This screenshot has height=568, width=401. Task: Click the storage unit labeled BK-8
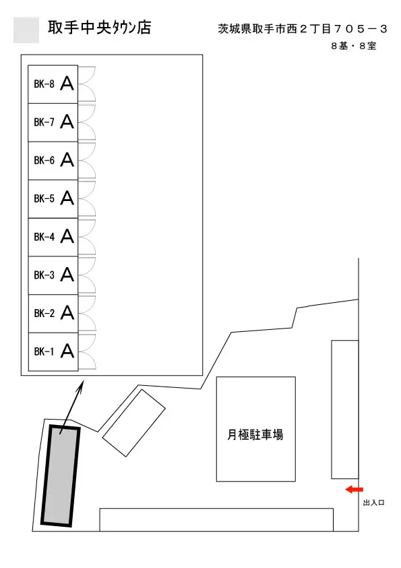53,84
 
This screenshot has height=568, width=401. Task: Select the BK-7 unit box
53,123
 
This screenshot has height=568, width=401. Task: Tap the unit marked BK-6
53,161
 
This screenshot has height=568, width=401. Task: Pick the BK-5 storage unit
53,199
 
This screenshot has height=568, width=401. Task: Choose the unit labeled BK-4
53,237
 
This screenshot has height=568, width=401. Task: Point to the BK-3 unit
53,275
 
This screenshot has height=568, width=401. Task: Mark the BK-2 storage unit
53,314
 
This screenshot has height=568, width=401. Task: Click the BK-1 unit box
53,351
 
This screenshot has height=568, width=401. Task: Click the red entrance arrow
354,490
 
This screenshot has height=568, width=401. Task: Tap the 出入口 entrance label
373,503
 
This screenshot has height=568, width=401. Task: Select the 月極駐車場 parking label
255,434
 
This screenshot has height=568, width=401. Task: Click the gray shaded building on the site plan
60,476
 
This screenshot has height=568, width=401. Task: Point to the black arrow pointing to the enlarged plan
71,407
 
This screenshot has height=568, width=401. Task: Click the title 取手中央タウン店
100,28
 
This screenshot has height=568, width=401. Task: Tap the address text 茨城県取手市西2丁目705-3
303,28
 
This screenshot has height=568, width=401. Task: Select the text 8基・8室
354,46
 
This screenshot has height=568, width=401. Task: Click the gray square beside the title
26,30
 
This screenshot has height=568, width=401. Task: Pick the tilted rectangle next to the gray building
134,423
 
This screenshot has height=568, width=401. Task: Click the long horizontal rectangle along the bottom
216,520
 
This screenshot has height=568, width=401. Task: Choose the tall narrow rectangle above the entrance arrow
345,409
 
